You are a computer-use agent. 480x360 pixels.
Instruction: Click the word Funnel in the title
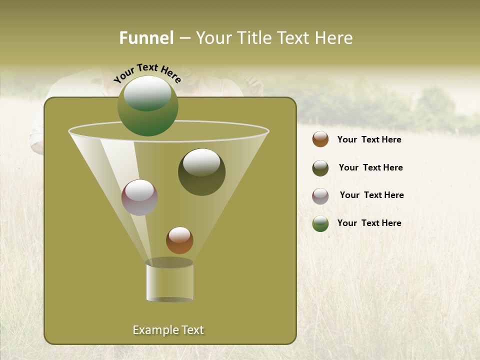coord(146,38)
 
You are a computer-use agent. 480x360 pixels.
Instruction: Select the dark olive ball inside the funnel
coord(202,172)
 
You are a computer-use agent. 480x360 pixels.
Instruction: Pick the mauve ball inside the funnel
coord(140,197)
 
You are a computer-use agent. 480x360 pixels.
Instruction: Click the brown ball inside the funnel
coord(179,240)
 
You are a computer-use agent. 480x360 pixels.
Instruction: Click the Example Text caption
coord(168,330)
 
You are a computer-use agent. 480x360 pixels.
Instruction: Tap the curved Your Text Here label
coord(147,72)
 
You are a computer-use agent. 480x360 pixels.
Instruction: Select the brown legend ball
coord(320,139)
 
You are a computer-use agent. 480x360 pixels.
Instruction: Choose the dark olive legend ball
coord(320,168)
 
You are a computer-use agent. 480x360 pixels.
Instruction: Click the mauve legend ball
coord(320,195)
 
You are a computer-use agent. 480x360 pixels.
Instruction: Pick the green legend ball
coord(320,223)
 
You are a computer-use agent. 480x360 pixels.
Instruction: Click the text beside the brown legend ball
coord(369,139)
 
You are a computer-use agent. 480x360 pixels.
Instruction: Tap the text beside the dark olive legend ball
coord(370,167)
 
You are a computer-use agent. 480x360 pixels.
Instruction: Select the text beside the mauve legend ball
coord(371,195)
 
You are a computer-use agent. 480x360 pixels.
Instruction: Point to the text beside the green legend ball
coord(369,223)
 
